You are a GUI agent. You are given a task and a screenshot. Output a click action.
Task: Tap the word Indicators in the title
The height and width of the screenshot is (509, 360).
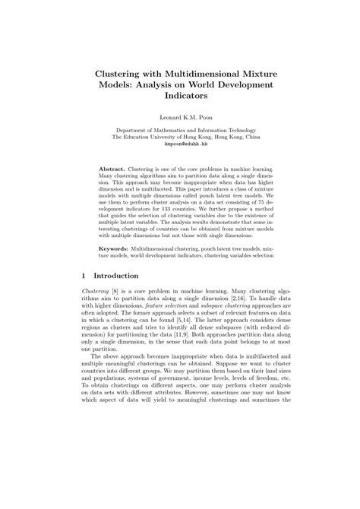(x=180, y=97)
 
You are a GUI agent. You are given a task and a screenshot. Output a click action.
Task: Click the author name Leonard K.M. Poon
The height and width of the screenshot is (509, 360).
(x=180, y=119)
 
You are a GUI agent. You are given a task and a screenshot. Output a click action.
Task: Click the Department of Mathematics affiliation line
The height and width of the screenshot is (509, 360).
(x=180, y=131)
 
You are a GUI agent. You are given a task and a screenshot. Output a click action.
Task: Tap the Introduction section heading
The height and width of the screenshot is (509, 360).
(x=122, y=275)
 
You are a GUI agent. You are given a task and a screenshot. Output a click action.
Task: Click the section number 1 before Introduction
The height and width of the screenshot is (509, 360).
(x=83, y=275)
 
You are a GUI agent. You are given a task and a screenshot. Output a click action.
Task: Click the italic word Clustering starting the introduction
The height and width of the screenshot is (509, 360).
(x=96, y=292)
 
